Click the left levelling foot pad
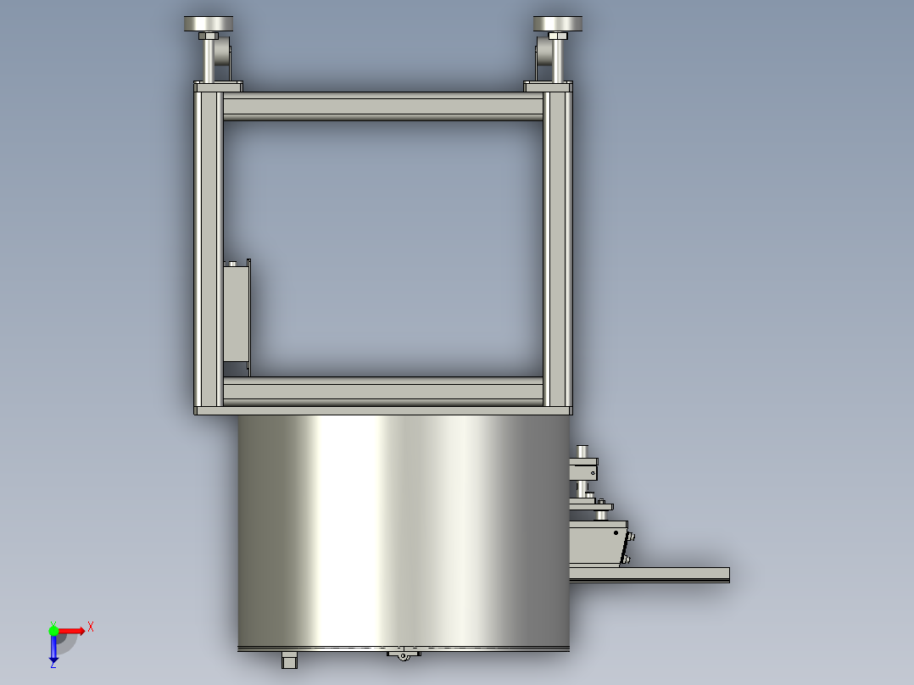[208, 24]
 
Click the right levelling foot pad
[557, 24]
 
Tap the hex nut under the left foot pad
[208, 36]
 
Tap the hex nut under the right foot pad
[558, 36]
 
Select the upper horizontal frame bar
[383, 107]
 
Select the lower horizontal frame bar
[383, 391]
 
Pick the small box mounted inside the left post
[237, 313]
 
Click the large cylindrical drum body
[404, 531]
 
